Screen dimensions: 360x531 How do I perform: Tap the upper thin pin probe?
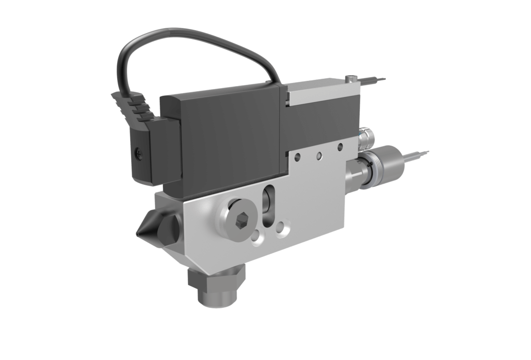click(374, 80)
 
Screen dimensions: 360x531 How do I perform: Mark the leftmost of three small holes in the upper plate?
click(297, 157)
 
